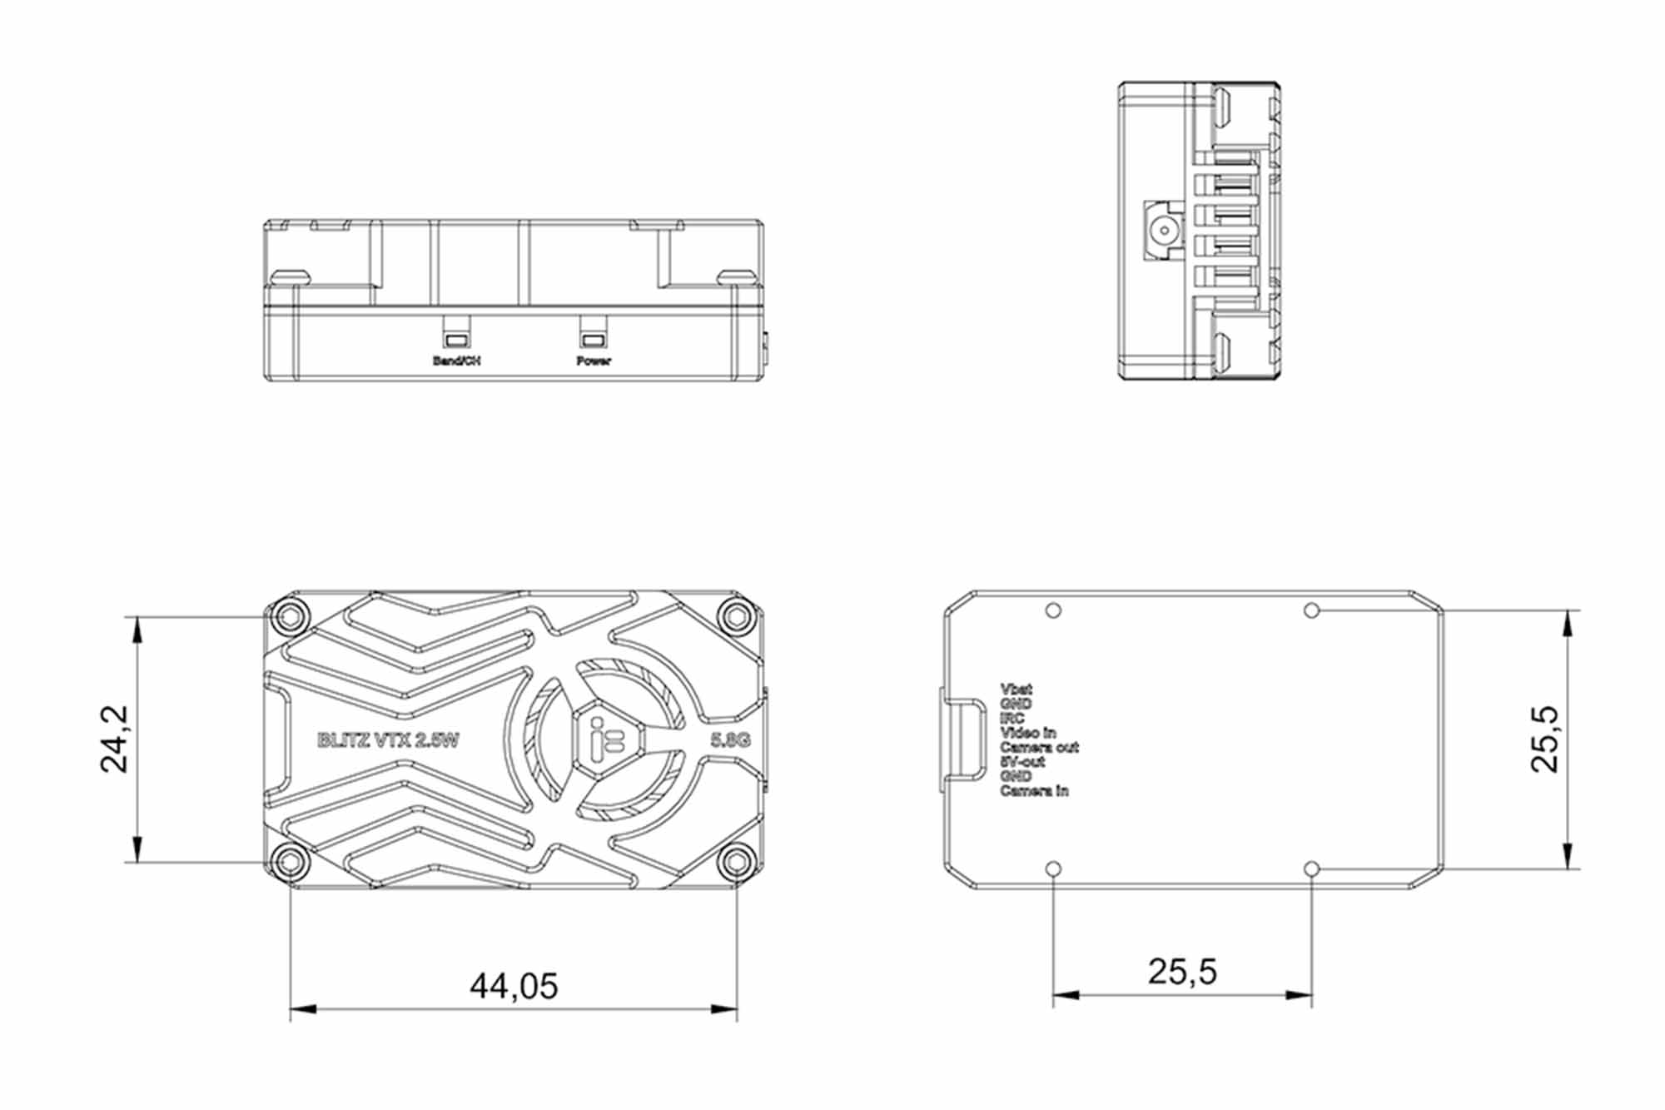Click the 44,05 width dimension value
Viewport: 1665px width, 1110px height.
pyautogui.click(x=514, y=986)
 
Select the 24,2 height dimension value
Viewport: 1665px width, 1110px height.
pyautogui.click(x=114, y=739)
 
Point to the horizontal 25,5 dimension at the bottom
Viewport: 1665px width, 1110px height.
pyautogui.click(x=1182, y=972)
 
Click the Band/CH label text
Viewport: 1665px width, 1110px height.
pyautogui.click(x=456, y=361)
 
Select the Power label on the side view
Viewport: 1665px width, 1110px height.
pyautogui.click(x=594, y=361)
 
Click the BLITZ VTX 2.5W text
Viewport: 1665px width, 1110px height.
pyautogui.click(x=388, y=740)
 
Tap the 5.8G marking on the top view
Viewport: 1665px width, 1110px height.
pyautogui.click(x=730, y=740)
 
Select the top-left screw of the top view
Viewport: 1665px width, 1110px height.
pyautogui.click(x=290, y=617)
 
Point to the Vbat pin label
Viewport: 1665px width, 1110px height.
pyautogui.click(x=1016, y=689)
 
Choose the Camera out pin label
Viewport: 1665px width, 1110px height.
pyautogui.click(x=1039, y=748)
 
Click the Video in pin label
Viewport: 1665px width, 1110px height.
pyautogui.click(x=1027, y=733)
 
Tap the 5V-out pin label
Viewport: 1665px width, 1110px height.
pyautogui.click(x=1022, y=762)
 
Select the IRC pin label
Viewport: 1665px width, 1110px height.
pyautogui.click(x=1012, y=719)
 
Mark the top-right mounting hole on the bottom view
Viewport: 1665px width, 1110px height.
pyautogui.click(x=1312, y=611)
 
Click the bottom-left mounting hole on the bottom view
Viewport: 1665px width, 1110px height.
pyautogui.click(x=1053, y=869)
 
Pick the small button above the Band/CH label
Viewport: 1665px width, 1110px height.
pyautogui.click(x=456, y=340)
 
